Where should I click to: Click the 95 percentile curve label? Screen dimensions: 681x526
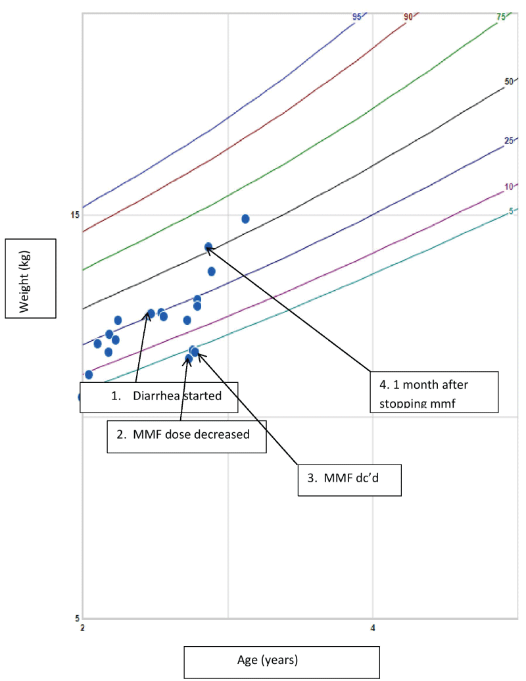[357, 17]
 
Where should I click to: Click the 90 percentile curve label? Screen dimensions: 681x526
[408, 17]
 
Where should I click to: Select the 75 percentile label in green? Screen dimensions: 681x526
[501, 17]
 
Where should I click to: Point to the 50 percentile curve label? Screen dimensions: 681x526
[508, 82]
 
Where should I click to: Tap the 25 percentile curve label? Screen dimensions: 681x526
[508, 141]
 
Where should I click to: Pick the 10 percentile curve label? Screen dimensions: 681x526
[508, 187]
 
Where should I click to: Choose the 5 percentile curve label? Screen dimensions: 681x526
[511, 211]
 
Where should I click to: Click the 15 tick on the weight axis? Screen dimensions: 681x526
[74, 214]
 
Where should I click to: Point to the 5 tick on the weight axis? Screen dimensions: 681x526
[77, 617]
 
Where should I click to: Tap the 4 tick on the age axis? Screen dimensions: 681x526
[373, 628]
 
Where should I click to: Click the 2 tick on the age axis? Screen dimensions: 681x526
[82, 628]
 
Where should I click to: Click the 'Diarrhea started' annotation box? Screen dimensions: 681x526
[158, 396]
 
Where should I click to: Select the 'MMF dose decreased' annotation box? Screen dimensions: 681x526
[187, 435]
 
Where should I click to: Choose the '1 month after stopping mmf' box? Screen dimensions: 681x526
[433, 392]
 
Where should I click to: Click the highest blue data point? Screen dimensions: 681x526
[245, 218]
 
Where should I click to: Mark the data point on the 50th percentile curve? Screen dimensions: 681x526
[208, 247]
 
